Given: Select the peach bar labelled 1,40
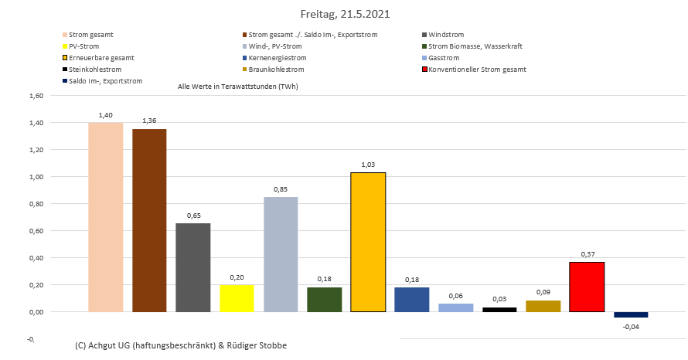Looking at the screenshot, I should coord(106,217).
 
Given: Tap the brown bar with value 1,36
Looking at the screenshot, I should coord(149,220).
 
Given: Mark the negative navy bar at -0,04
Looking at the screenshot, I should coord(631,314).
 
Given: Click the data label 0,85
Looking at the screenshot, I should coord(281,188).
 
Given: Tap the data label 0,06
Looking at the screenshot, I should coord(455,295).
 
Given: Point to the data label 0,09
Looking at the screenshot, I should coord(543,292).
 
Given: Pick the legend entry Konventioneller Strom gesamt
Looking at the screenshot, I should coord(477,70).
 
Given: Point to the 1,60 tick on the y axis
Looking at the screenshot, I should coord(37,96).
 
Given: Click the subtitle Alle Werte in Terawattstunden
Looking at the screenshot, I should coord(237,87).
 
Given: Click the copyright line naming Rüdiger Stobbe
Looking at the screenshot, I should coord(182,345).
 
